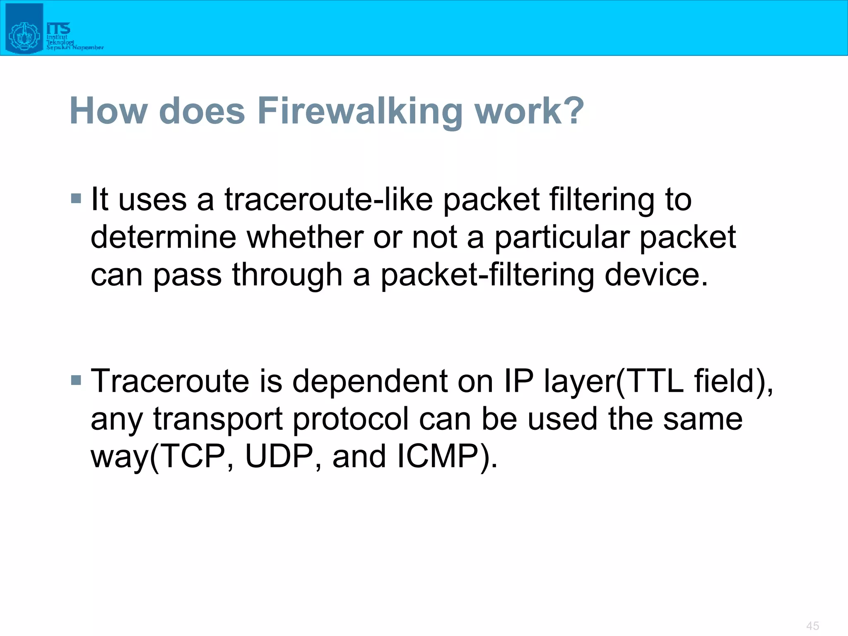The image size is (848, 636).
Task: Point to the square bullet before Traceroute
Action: pos(76,380)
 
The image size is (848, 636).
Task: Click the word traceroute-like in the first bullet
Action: pos(328,200)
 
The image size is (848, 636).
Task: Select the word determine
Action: pos(163,237)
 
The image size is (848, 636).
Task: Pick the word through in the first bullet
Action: pos(287,275)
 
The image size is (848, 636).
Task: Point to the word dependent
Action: pos(370,381)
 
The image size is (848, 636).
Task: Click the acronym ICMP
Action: pos(441,456)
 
